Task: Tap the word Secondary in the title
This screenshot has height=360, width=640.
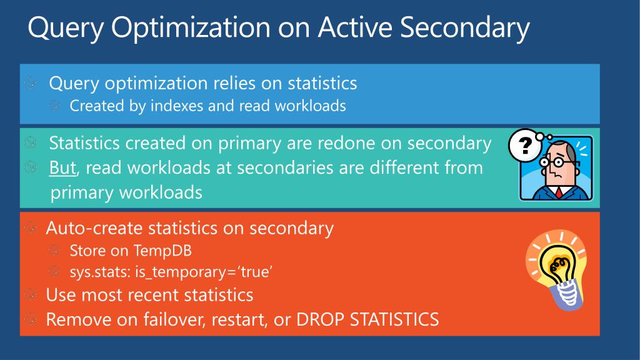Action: (x=464, y=27)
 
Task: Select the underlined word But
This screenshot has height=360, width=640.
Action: (x=62, y=167)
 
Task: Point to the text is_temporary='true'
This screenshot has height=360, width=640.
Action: (x=204, y=272)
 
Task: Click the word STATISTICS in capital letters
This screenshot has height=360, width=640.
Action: (x=394, y=319)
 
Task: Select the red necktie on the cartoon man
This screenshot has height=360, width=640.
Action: (x=558, y=192)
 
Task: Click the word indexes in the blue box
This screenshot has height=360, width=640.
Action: (x=177, y=106)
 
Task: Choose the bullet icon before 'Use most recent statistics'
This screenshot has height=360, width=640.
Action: (x=31, y=294)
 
